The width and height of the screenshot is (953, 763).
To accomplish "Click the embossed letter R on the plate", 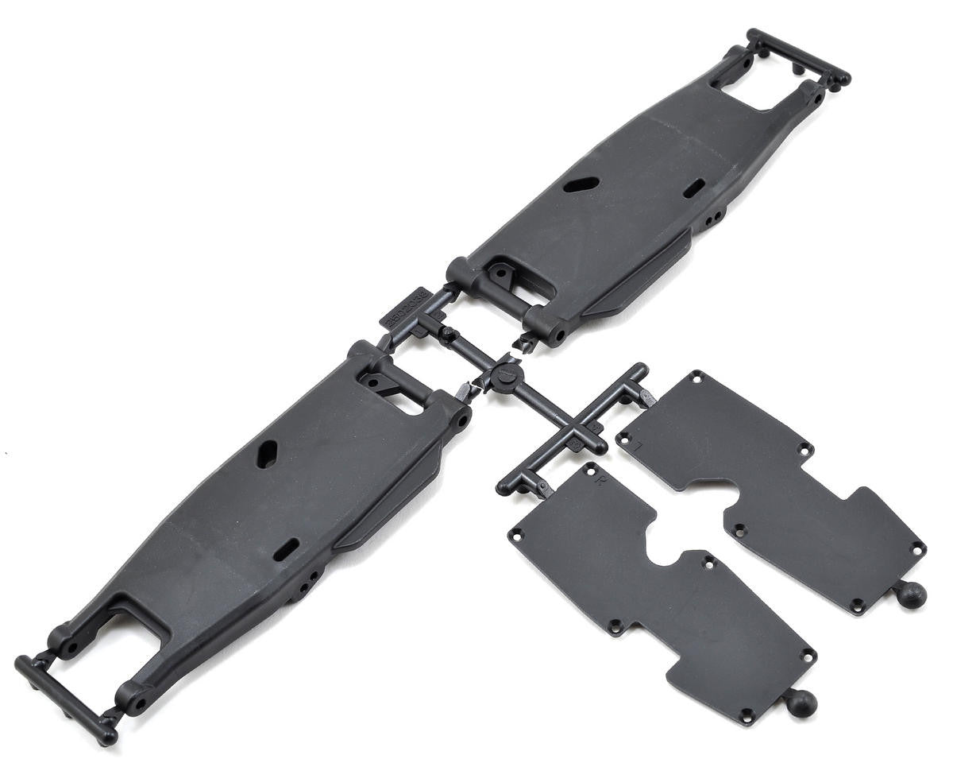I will pyautogui.click(x=600, y=480).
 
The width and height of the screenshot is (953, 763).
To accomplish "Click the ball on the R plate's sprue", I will pyautogui.click(x=802, y=702).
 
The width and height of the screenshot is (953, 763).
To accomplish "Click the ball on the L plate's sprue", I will pyautogui.click(x=912, y=594).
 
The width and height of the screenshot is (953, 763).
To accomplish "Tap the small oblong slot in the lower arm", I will pyautogui.click(x=287, y=548).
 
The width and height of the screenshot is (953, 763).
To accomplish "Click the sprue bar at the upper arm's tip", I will pyautogui.click(x=798, y=56).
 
